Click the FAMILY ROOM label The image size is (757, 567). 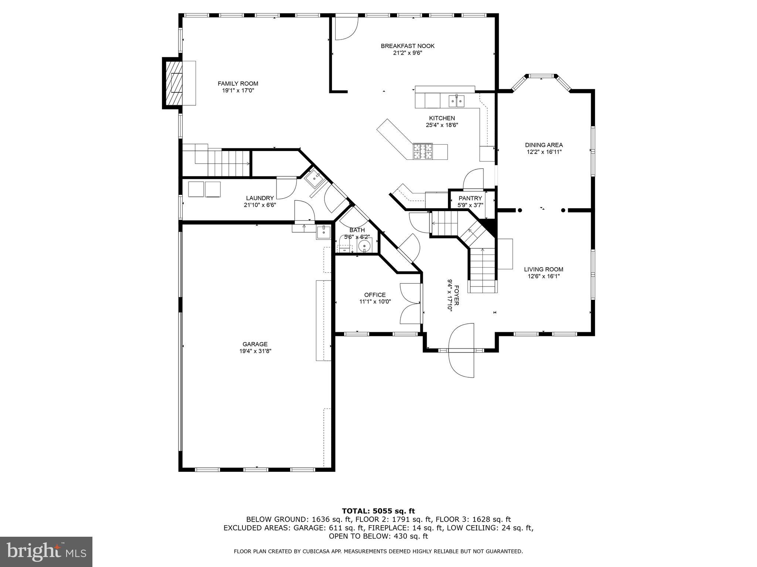click(x=238, y=84)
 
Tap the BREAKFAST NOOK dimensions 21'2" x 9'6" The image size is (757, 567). click(x=407, y=53)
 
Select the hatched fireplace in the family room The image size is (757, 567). click(x=174, y=83)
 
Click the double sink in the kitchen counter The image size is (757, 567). click(x=456, y=100)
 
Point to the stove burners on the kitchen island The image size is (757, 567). click(x=423, y=151)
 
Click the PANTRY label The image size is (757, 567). click(x=470, y=198)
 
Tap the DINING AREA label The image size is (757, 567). click(x=544, y=145)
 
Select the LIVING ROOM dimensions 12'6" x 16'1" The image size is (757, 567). click(x=543, y=276)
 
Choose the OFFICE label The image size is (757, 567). click(x=375, y=295)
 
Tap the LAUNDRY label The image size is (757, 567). click(x=260, y=198)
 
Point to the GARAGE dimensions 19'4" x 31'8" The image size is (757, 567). click(x=255, y=351)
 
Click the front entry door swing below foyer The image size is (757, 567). click(x=461, y=351)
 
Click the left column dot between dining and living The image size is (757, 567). click(x=520, y=210)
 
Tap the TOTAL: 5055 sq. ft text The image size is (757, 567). click(x=378, y=511)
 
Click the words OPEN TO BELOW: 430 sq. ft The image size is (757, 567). click(x=378, y=536)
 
